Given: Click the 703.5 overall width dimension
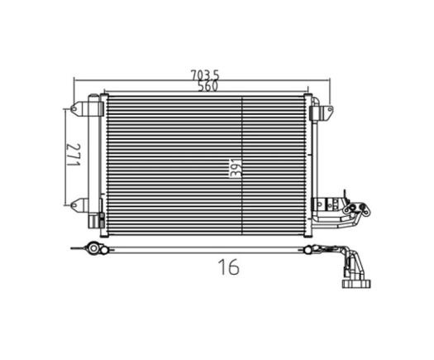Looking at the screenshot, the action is [x=205, y=74].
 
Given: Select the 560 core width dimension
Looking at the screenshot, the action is [x=208, y=86].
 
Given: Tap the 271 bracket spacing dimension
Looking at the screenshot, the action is [x=74, y=155].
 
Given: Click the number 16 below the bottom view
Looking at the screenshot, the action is [x=229, y=266].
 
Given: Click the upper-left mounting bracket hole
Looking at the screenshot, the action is [x=74, y=108].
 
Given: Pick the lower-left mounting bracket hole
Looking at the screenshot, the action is [x=74, y=205].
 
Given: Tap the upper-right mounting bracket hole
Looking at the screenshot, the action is [x=330, y=109].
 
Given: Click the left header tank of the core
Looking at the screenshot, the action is [x=104, y=166].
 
